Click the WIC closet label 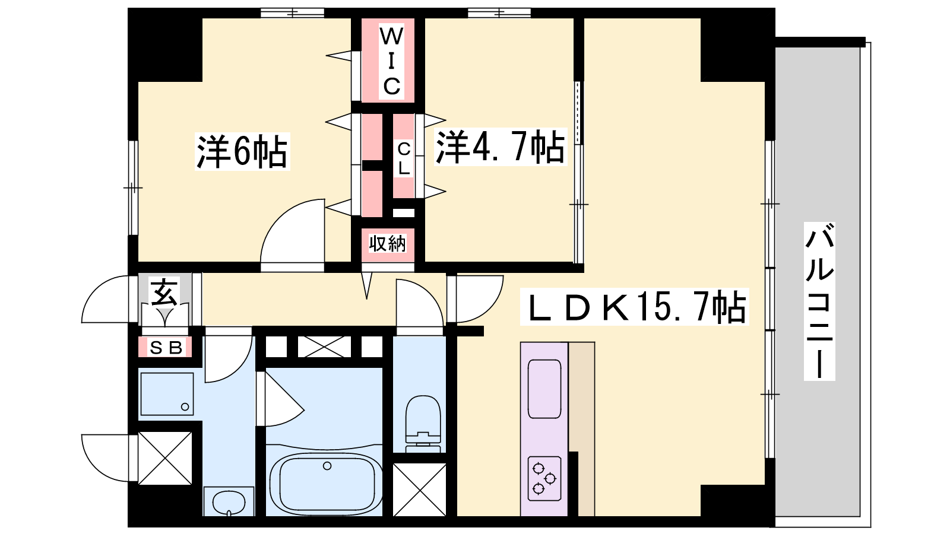click(391, 62)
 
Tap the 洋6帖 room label click(242, 152)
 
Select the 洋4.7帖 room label click(501, 147)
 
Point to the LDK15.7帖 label click(635, 307)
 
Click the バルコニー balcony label click(819, 301)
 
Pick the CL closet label click(403, 158)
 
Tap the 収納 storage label click(387, 243)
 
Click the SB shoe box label click(166, 348)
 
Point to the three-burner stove click(544, 478)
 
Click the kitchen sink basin click(544, 389)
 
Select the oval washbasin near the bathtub click(229, 503)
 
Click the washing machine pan click(167, 394)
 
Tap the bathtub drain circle click(327, 466)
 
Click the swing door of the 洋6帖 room click(293, 231)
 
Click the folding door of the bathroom click(280, 398)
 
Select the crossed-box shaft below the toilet click(419, 490)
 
